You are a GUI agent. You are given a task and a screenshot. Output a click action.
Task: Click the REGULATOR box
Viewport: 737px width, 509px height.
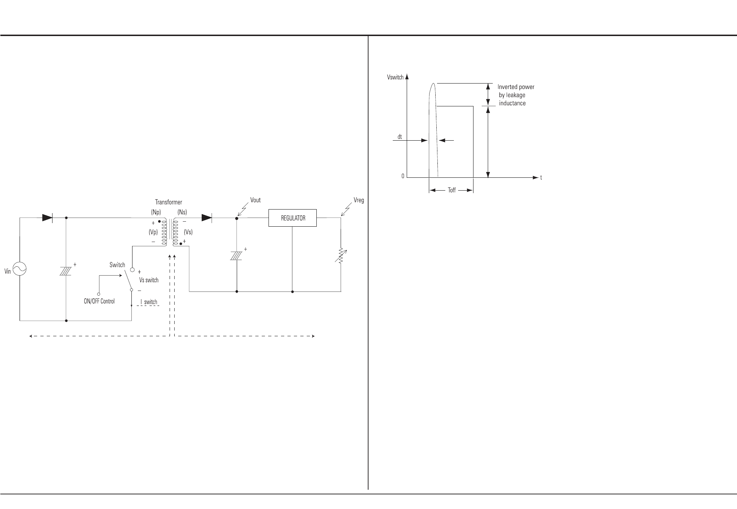pyautogui.click(x=292, y=218)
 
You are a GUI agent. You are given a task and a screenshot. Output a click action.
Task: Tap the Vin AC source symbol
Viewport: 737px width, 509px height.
pyautogui.click(x=19, y=269)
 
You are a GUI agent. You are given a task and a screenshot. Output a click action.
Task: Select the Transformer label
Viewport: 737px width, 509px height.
pyautogui.click(x=169, y=202)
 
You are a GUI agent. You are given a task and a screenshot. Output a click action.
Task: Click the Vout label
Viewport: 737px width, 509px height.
pyautogui.click(x=255, y=200)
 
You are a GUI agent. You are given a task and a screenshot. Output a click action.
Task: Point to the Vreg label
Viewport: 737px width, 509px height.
pyautogui.click(x=359, y=200)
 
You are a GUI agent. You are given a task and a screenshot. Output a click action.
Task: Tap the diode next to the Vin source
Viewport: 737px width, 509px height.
pyautogui.click(x=47, y=218)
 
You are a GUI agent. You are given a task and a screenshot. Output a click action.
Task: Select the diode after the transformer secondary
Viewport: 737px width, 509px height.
pyautogui.click(x=206, y=218)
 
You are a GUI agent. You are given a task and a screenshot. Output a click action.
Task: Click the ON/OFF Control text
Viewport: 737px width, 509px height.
pyautogui.click(x=99, y=301)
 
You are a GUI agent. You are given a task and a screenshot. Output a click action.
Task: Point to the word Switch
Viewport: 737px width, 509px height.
pyautogui.click(x=117, y=265)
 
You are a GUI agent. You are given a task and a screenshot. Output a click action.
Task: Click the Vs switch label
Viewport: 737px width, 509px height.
pyautogui.click(x=149, y=280)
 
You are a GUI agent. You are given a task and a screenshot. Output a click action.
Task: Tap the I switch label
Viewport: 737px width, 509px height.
pyautogui.click(x=149, y=302)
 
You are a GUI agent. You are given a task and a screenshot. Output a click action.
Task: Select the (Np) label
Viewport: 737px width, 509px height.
pyautogui.click(x=156, y=212)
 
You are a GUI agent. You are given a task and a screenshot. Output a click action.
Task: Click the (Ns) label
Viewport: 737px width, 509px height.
pyautogui.click(x=182, y=212)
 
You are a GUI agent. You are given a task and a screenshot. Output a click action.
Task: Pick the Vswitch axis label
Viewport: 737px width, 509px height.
pyautogui.click(x=395, y=77)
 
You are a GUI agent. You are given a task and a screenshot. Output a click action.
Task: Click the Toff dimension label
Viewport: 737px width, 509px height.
pyautogui.click(x=452, y=190)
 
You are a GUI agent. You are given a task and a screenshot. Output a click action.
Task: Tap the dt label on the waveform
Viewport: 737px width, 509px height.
pyautogui.click(x=400, y=137)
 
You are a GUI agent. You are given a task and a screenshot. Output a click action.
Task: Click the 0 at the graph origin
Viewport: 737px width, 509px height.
pyautogui.click(x=403, y=176)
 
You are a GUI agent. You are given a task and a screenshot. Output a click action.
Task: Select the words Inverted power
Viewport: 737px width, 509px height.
pyautogui.click(x=516, y=87)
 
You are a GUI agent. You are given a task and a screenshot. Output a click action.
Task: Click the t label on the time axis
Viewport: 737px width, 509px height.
pyautogui.click(x=541, y=178)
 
